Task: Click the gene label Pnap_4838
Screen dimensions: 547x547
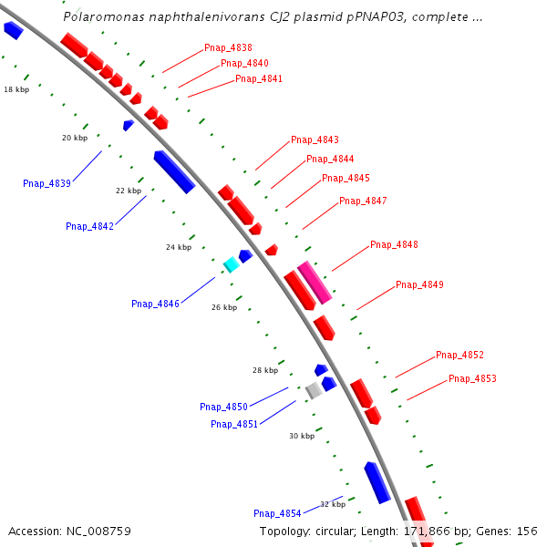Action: [228, 47]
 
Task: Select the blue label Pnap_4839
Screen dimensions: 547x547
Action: [46, 183]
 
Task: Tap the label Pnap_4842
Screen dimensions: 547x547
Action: [89, 226]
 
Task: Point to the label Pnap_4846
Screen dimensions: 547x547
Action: [155, 304]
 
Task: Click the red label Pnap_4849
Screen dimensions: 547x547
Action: [419, 285]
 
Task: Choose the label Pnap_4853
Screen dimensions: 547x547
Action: [472, 378]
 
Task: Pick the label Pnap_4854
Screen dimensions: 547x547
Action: [277, 513]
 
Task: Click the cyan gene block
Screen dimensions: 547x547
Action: [232, 264]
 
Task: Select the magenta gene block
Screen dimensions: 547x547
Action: [314, 282]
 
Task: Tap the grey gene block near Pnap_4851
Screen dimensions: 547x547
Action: [314, 390]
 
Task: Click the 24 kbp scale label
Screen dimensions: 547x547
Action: [179, 247]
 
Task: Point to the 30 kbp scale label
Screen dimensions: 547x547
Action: [302, 436]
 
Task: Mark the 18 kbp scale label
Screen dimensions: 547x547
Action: [15, 89]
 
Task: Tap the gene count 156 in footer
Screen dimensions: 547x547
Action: [527, 531]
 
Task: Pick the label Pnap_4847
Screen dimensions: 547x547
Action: [363, 201]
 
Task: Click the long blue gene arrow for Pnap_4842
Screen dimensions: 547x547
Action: [174, 171]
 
